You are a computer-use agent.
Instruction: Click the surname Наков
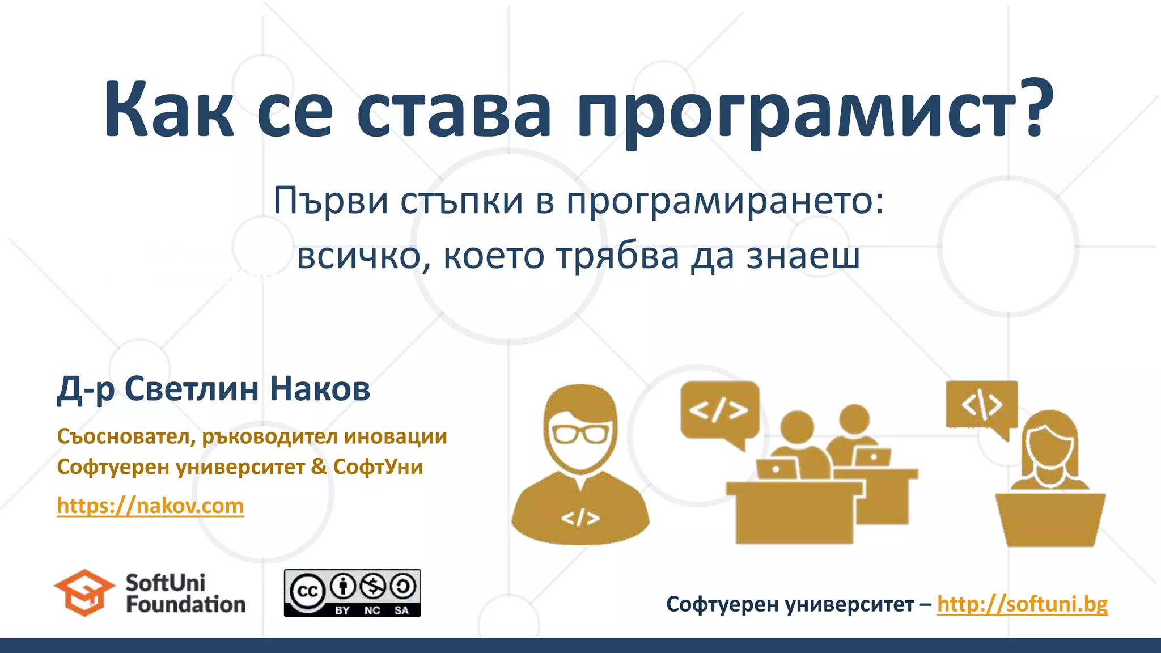tap(320, 389)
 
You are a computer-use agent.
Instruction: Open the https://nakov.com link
tap(150, 506)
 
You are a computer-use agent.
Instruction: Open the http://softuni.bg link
tap(1022, 604)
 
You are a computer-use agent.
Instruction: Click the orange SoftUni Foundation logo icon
tap(84, 592)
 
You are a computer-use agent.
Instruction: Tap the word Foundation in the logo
tap(185, 605)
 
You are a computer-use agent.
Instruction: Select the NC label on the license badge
tap(372, 610)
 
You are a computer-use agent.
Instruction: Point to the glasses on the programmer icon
tap(579, 434)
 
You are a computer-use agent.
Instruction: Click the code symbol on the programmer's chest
tap(580, 518)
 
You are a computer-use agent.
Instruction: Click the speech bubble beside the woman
tap(982, 405)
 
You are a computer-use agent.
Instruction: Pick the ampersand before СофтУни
tap(319, 467)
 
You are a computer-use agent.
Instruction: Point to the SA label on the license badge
tap(401, 610)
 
